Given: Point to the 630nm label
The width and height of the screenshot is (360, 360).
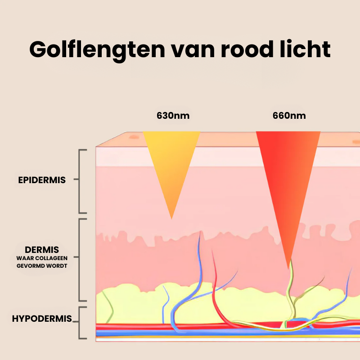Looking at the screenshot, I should click(173, 116).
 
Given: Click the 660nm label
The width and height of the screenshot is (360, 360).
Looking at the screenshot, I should click(289, 116).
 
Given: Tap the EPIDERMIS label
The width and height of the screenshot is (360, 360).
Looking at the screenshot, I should click(42, 180).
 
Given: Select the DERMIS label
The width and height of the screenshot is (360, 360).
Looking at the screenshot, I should click(42, 249).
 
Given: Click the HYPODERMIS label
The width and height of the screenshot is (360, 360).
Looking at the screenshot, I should click(42, 319).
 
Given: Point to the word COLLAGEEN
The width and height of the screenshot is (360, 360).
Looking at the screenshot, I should click(53, 258).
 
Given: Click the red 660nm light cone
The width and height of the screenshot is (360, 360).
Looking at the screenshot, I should click(288, 180).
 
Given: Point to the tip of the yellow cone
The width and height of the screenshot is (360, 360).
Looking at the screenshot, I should click(171, 218).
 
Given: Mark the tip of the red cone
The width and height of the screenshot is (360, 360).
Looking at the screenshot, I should click(289, 268).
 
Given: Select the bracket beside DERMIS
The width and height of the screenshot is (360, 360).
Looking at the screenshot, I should click(81, 260).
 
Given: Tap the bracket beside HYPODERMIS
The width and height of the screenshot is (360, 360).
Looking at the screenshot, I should click(81, 322).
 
